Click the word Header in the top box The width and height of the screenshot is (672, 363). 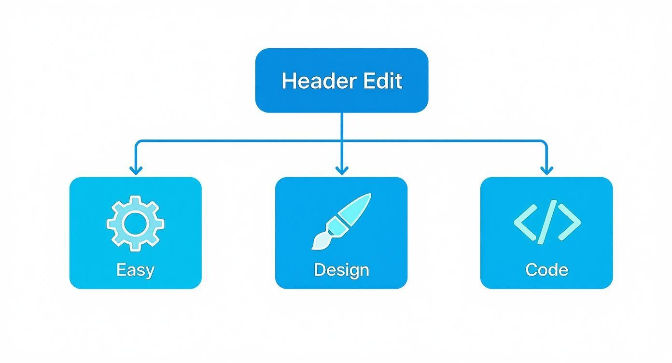click(315, 81)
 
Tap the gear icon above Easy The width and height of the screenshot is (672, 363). click(135, 223)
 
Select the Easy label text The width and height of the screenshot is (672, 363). click(135, 269)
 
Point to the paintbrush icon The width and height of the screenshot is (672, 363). click(341, 221)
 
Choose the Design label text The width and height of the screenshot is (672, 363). click(341, 269)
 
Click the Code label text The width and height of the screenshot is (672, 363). click(546, 269)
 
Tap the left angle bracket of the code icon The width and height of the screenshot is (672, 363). click(525, 223)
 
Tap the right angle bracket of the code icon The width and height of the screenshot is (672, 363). click(569, 223)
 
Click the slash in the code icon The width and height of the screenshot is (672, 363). click(547, 223)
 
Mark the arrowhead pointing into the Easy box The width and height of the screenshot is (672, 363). click(136, 170)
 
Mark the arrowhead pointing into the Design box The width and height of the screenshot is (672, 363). click(342, 170)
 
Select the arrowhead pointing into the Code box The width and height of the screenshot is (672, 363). click(546, 170)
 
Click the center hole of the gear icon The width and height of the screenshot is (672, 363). click(135, 223)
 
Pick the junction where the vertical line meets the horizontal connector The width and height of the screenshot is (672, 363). click(342, 141)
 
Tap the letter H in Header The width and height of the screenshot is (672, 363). click(288, 81)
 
